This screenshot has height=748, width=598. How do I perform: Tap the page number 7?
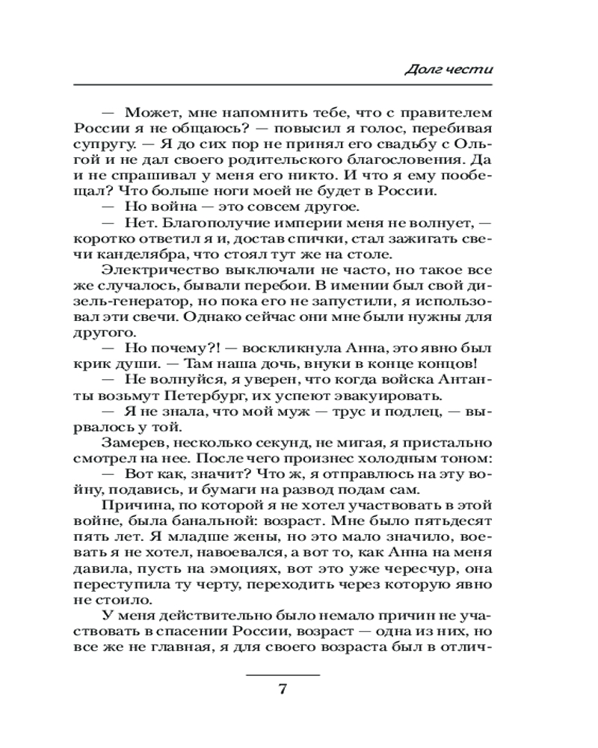tap(283, 690)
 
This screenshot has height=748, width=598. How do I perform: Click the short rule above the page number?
tap(283, 675)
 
